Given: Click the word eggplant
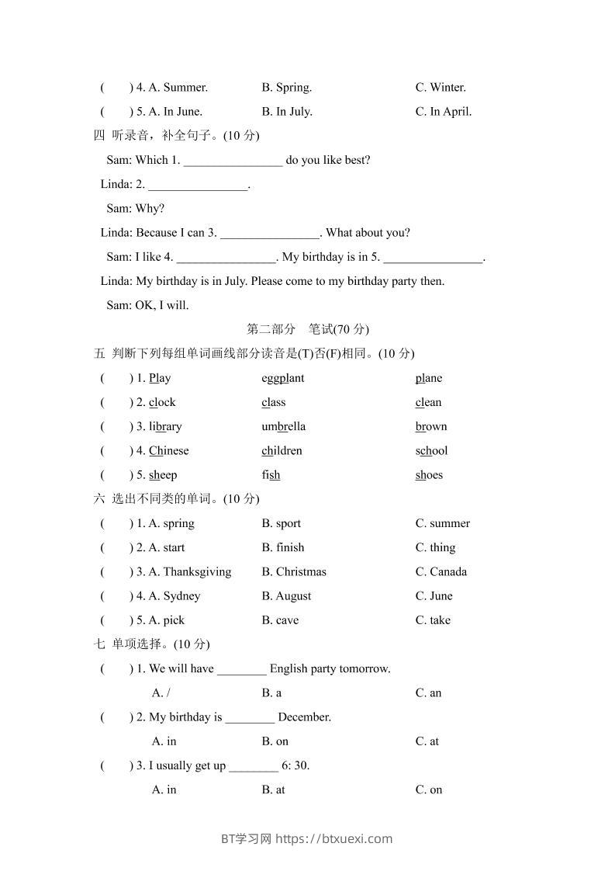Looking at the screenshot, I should click(x=283, y=378).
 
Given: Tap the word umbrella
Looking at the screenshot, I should click(x=283, y=426).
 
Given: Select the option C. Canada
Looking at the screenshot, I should click(x=441, y=571).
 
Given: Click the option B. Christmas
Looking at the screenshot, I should click(x=294, y=571).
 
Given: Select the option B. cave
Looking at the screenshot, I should click(x=280, y=619).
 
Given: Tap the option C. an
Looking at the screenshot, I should click(x=428, y=692).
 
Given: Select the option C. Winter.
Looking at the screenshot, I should click(x=441, y=87).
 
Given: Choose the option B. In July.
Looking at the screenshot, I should click(x=287, y=111).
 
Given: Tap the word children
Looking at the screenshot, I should click(x=282, y=450).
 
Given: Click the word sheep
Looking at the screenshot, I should click(x=163, y=474).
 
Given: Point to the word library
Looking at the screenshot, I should click(x=165, y=426).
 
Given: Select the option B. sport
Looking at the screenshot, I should click(x=281, y=523).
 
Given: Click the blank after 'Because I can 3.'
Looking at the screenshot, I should click(x=270, y=233).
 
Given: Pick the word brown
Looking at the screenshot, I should click(x=431, y=426).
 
